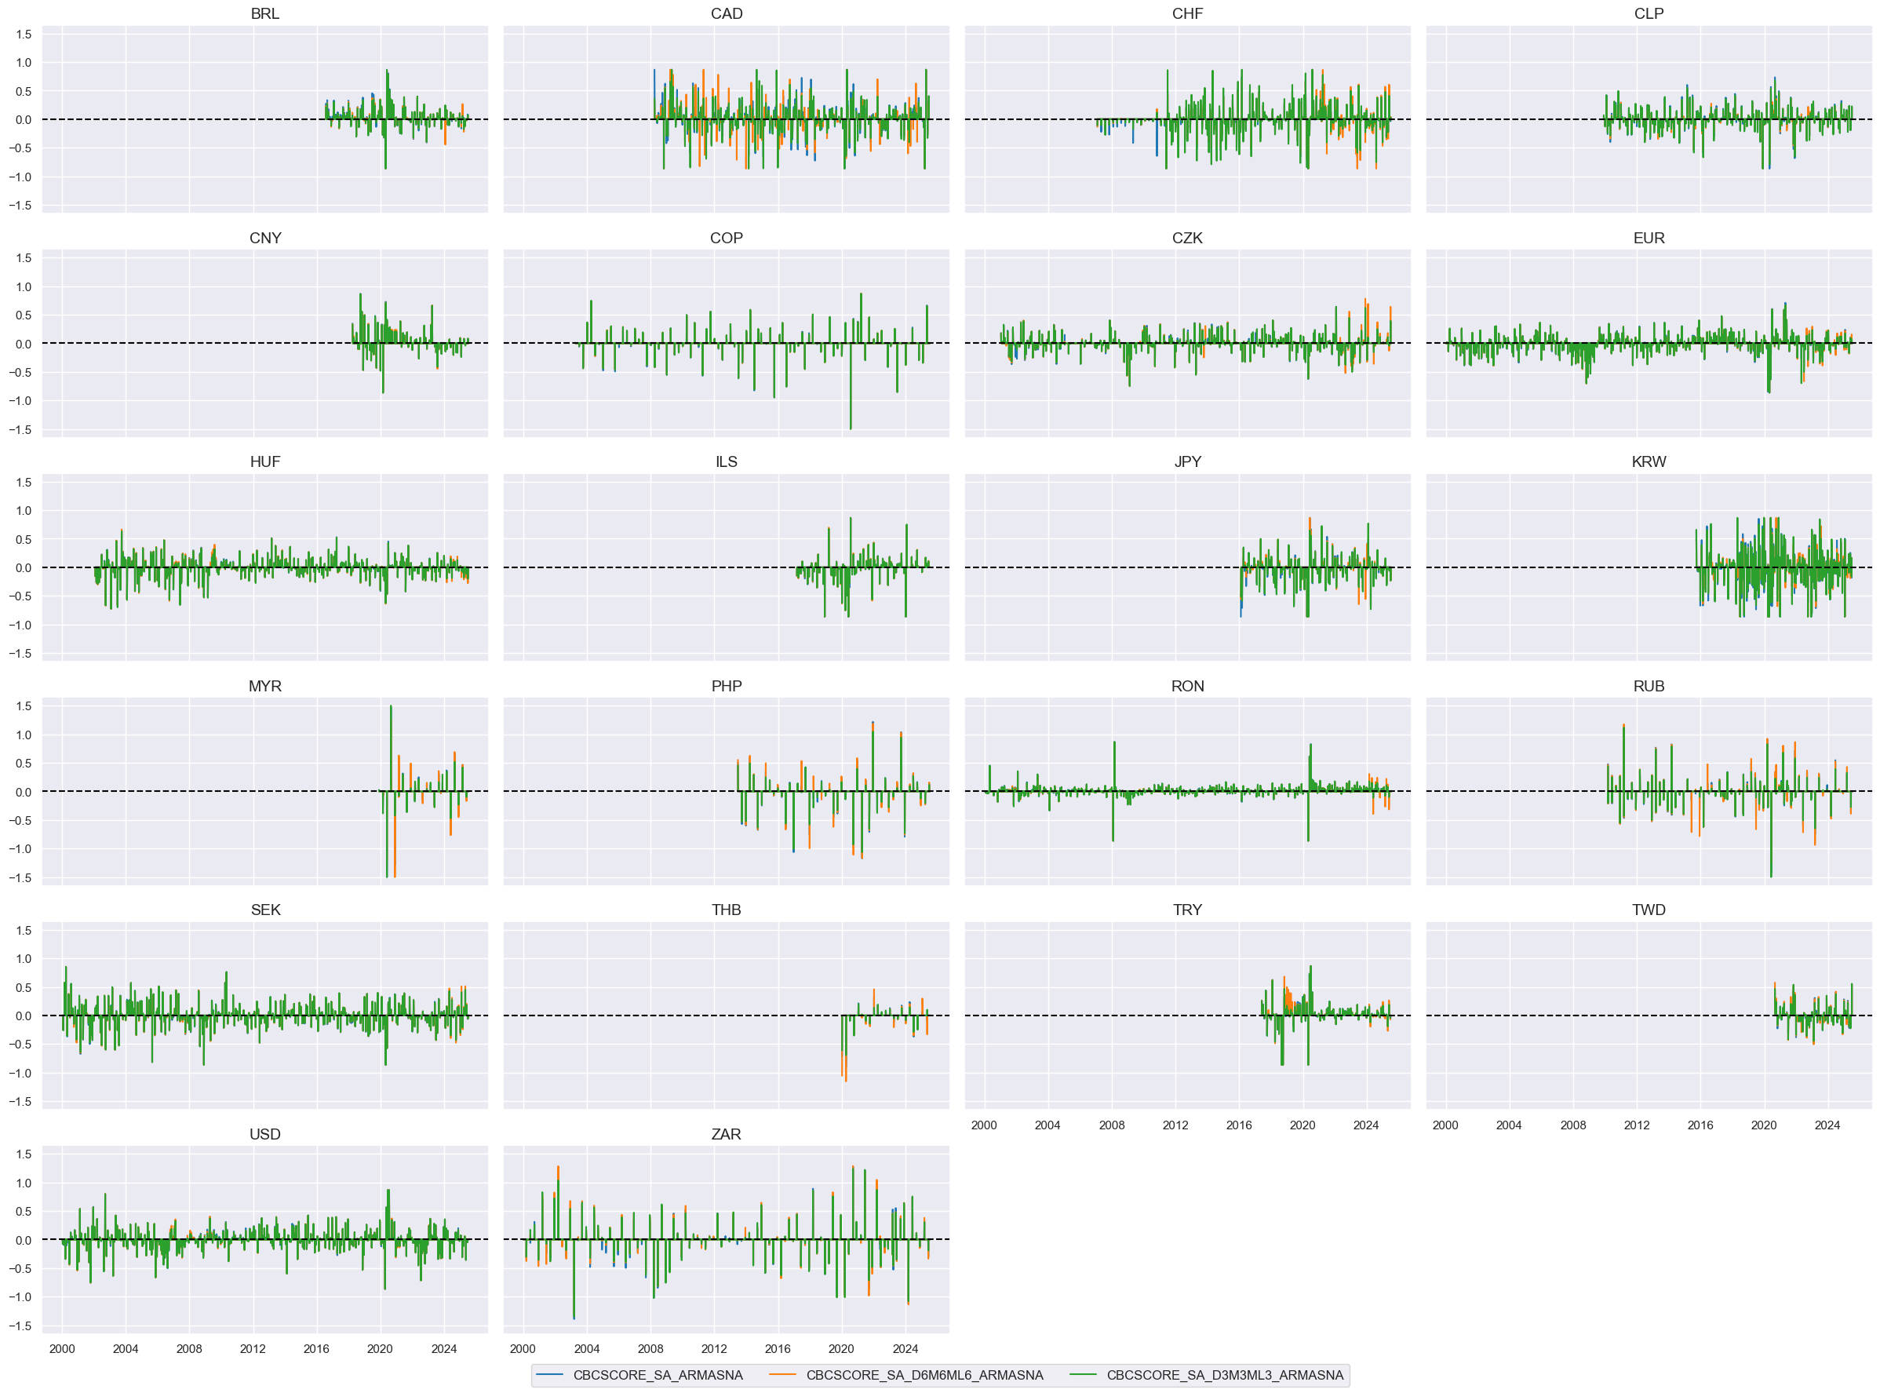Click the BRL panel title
click(264, 13)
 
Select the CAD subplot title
click(726, 13)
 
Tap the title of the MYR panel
click(264, 686)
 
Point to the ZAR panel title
click(726, 1134)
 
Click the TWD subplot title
click(1649, 910)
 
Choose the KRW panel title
click(1649, 461)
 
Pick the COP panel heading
click(726, 238)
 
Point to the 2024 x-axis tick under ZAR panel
click(905, 1349)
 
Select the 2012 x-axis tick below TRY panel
click(1175, 1125)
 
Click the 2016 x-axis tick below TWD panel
click(1700, 1125)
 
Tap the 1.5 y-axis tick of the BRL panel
click(24, 35)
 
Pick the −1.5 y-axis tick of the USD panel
click(20, 1326)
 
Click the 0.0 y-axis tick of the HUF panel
click(24, 567)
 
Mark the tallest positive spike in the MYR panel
click(390, 706)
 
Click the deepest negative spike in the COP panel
click(851, 428)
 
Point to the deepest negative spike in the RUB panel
click(1770, 876)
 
